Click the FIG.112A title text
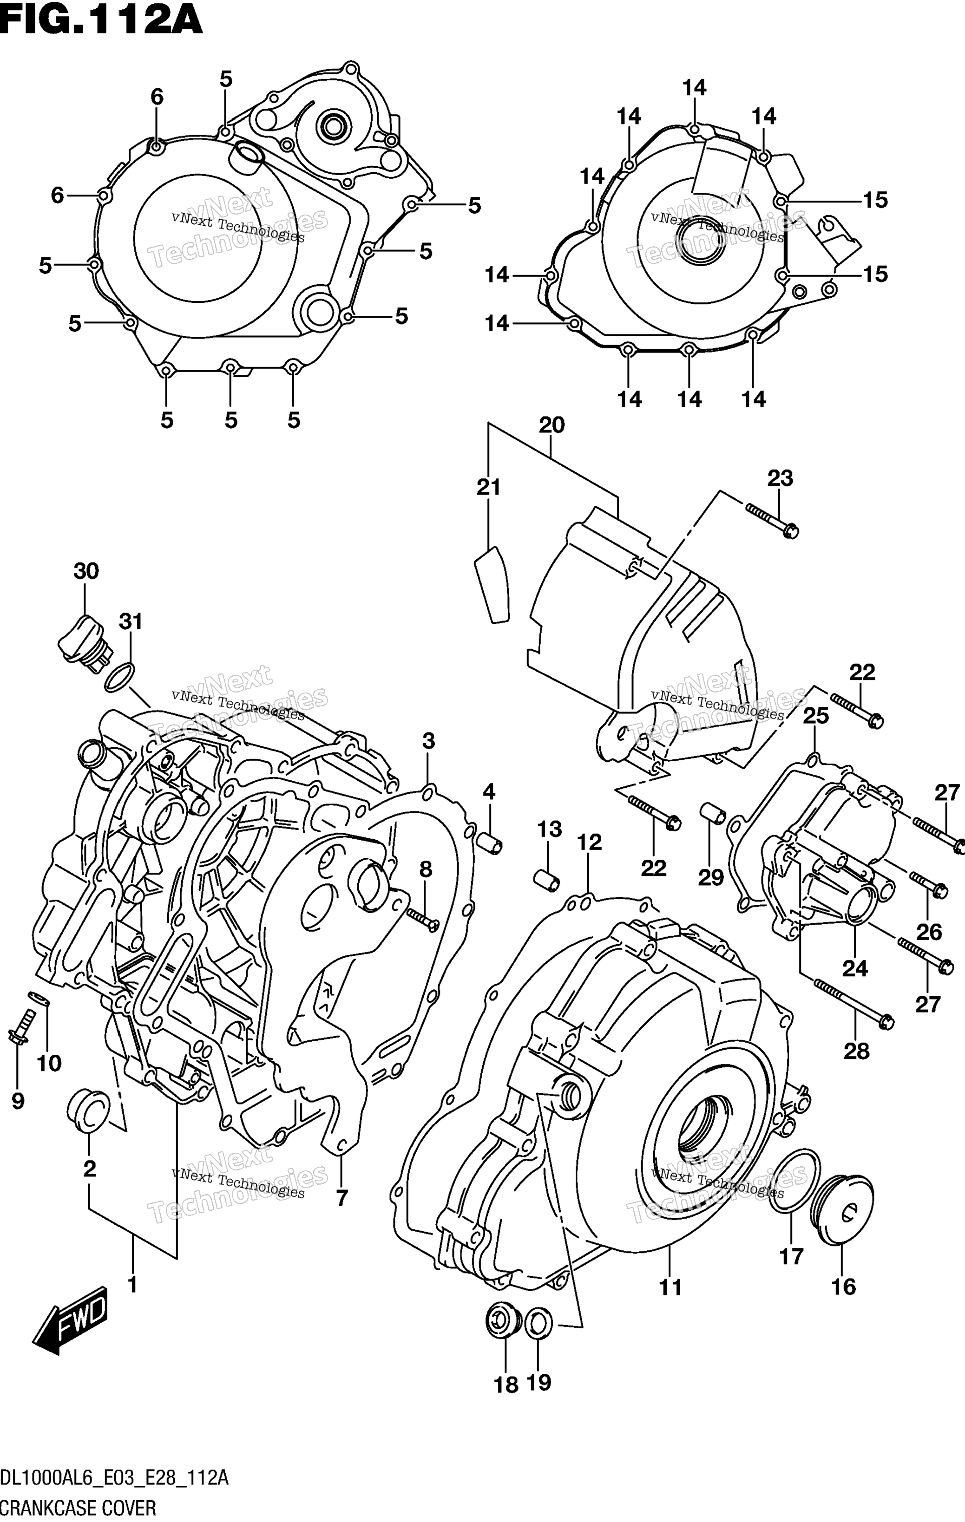(101, 21)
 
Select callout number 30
(86, 571)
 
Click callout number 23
(781, 478)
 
